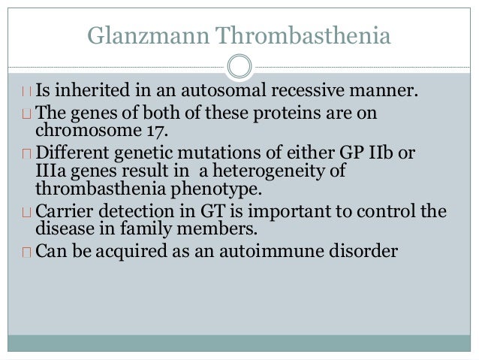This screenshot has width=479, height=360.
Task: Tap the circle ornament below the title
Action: [x=239, y=66]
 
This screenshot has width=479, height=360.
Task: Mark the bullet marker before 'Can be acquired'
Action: [x=27, y=250]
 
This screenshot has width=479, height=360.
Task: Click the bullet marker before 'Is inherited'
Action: [x=27, y=94]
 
